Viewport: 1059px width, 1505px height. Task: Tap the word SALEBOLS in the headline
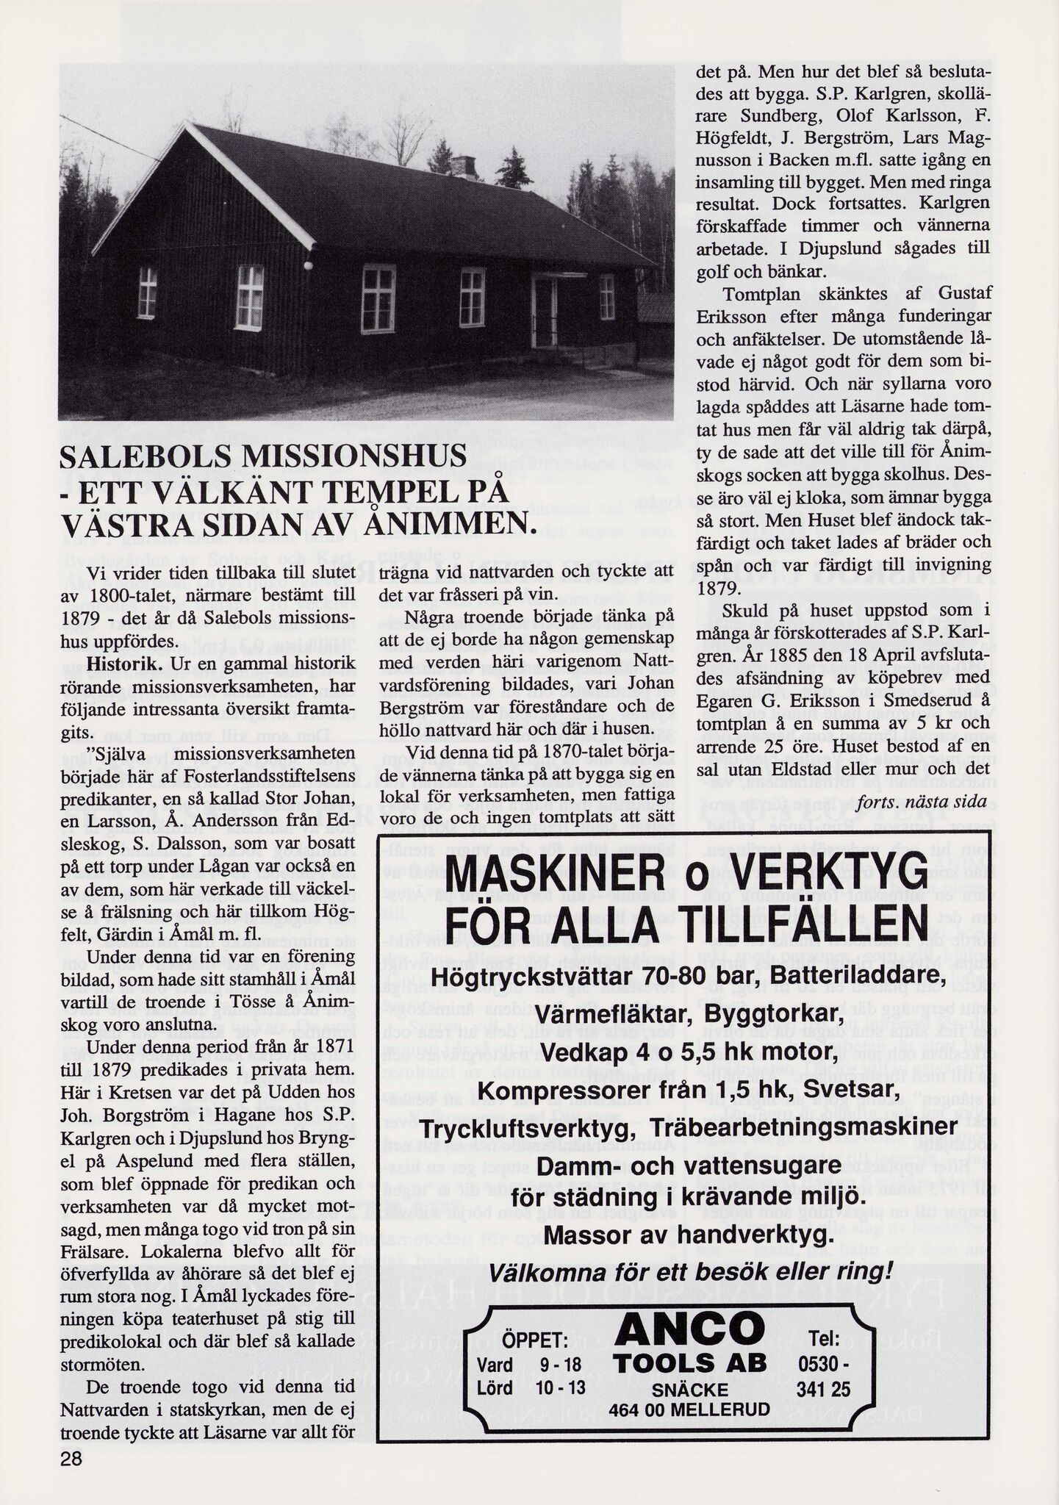(x=143, y=458)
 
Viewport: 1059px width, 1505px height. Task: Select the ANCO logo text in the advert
(x=689, y=1329)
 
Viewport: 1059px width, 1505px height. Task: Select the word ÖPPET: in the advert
(x=534, y=1342)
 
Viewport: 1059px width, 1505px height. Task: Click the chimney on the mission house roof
(x=462, y=166)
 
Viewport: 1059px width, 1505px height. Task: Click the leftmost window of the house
(x=148, y=292)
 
